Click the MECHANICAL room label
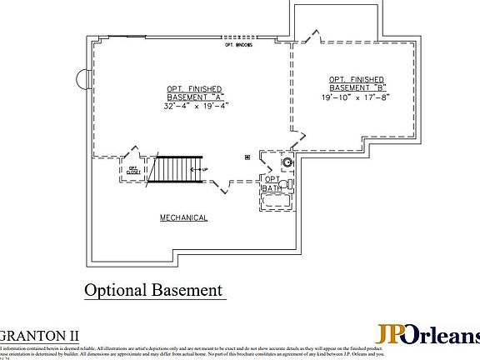point(184,218)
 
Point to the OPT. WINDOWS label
point(240,44)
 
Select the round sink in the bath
point(287,162)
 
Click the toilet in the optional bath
point(287,183)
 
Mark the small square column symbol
point(247,157)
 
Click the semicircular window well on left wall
point(82,79)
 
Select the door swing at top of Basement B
point(312,35)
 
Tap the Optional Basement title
point(154,290)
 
